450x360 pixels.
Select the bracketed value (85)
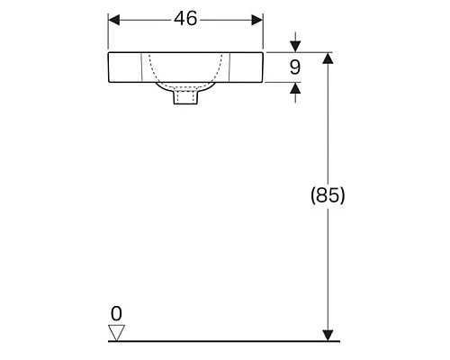coord(328,195)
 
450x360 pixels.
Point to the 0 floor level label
coord(115,313)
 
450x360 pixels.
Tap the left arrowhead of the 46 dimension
coord(114,20)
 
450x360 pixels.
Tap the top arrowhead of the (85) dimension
coord(328,59)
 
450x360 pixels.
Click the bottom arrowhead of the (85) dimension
coord(328,335)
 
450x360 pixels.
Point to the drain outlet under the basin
coord(185,95)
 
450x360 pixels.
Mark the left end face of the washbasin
coord(109,67)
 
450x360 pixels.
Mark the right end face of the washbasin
coord(263,67)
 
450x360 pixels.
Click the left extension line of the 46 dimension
coord(108,34)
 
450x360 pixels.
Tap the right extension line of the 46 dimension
coord(263,34)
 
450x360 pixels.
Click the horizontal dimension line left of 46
coord(144,20)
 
